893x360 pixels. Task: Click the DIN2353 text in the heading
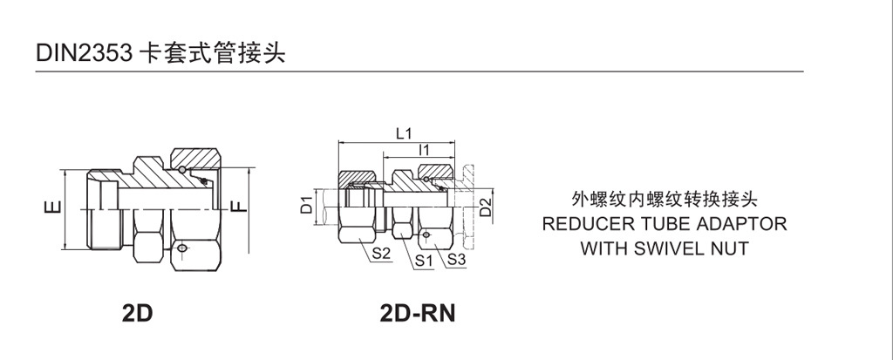[84, 53]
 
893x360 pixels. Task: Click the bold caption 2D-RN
[418, 312]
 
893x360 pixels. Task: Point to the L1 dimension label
[404, 133]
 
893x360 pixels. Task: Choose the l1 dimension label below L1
[425, 150]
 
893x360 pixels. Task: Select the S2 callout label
[381, 254]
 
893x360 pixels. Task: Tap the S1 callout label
[425, 260]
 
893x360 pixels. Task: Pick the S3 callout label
[457, 260]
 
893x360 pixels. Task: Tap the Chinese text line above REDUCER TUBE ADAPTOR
[665, 199]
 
